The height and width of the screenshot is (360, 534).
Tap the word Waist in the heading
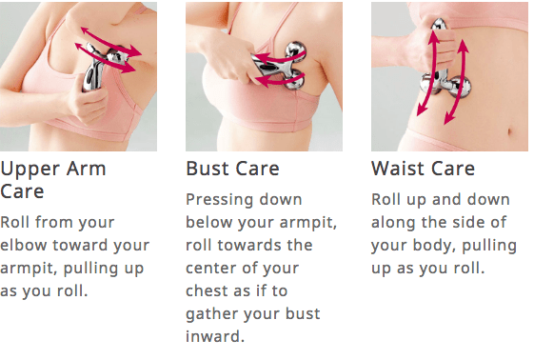pos(398,169)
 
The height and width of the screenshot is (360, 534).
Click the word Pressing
pos(219,201)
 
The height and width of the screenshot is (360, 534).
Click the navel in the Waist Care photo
pos(509,131)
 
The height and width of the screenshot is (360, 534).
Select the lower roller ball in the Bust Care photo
pos(294,80)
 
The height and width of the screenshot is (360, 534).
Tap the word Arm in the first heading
pos(86,169)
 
